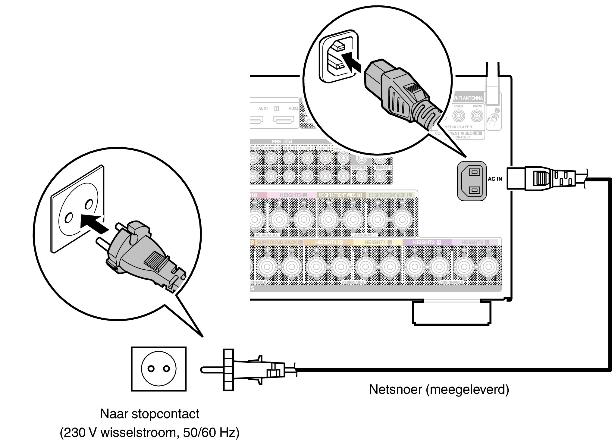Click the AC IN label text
pyautogui.click(x=495, y=179)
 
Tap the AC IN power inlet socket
pyautogui.click(x=472, y=181)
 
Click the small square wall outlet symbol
pyautogui.click(x=159, y=369)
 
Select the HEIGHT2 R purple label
pyautogui.click(x=427, y=242)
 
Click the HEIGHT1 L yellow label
pyautogui.click(x=378, y=242)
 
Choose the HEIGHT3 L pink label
pyautogui.click(x=293, y=195)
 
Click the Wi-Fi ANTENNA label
pyautogui.click(x=468, y=98)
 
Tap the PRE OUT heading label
pyautogui.click(x=281, y=141)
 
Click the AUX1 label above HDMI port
pyautogui.click(x=263, y=108)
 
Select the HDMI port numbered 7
pyautogui.click(x=284, y=120)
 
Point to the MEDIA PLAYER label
pyautogui.click(x=458, y=127)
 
